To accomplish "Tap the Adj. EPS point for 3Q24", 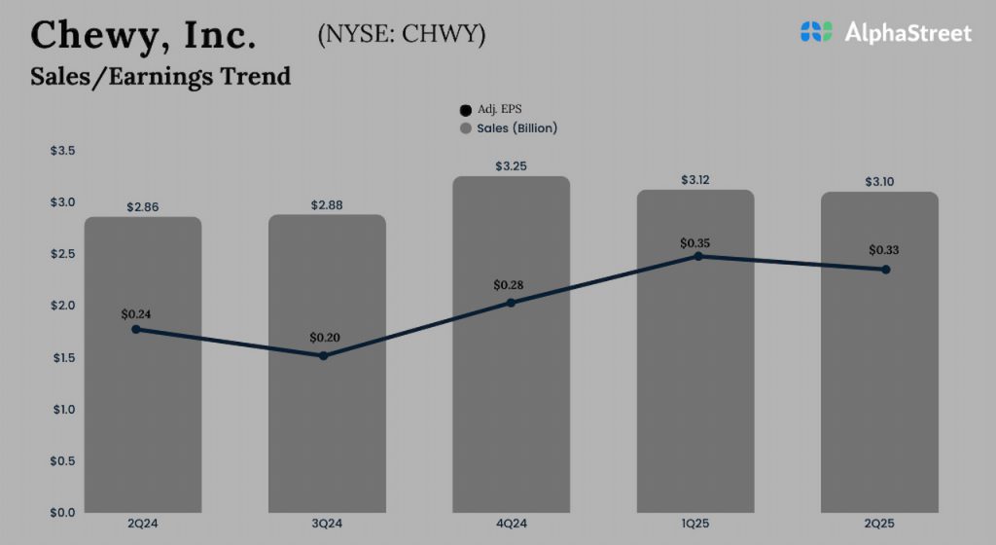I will [x=324, y=355].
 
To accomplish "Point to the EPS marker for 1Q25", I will [x=697, y=256].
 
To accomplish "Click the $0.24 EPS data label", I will [x=137, y=314].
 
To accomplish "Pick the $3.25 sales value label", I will [x=511, y=166].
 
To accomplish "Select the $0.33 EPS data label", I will [x=884, y=250].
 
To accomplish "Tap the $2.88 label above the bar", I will [x=327, y=205].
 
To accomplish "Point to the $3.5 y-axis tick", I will [x=63, y=151].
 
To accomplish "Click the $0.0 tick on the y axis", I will [x=63, y=512].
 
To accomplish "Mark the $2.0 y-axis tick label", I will [x=63, y=306].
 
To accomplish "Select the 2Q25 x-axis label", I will [x=879, y=524].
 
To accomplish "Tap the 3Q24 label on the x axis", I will [x=327, y=524].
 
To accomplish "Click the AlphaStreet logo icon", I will [x=817, y=32].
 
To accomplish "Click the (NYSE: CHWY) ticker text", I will [x=401, y=34].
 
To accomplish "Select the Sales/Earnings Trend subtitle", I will [x=160, y=76].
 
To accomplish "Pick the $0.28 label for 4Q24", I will [x=509, y=285].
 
